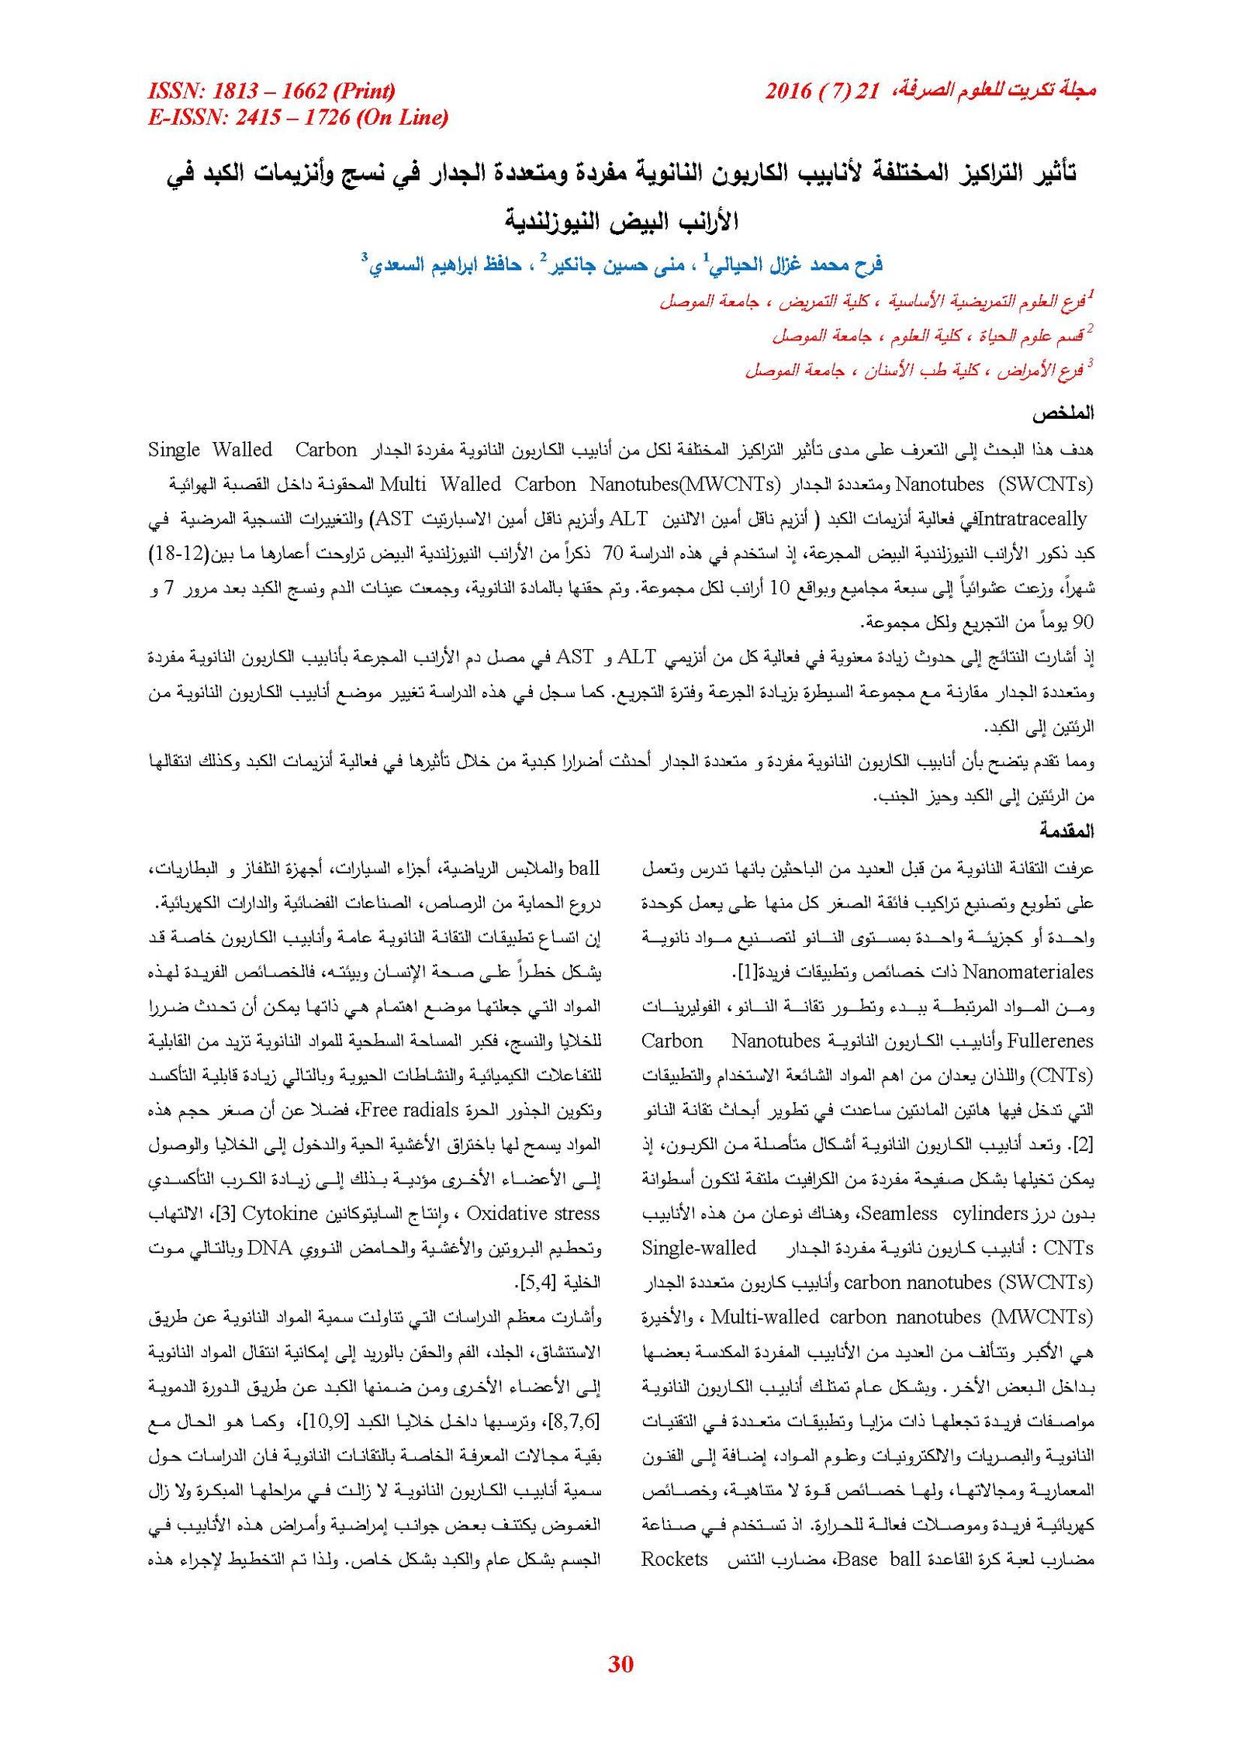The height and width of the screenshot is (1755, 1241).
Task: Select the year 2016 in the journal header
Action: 788,92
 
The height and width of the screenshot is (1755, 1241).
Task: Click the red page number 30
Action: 620,1663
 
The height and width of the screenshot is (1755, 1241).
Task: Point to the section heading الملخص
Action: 1062,414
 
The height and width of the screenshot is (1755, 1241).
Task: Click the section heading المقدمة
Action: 1066,831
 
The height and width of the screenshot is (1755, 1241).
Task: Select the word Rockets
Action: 674,1559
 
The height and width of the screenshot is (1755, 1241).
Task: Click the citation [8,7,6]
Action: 574,1422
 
